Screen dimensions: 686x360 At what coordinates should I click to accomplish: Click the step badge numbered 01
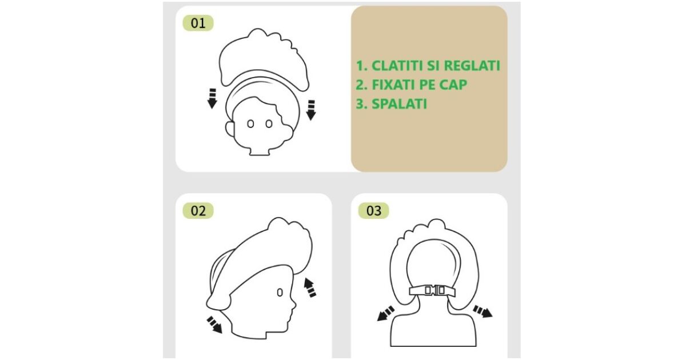tap(198, 23)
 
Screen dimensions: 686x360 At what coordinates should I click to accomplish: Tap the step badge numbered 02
tap(198, 211)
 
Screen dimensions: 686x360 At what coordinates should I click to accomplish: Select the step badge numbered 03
tap(374, 211)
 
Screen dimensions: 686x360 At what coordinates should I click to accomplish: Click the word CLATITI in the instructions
tap(397, 66)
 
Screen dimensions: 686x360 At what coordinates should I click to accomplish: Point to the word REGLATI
tap(472, 66)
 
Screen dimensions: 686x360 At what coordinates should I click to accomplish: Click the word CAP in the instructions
tap(453, 85)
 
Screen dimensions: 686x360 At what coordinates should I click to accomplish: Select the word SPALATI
tap(400, 104)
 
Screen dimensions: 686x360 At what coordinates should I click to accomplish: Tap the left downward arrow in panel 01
tap(212, 98)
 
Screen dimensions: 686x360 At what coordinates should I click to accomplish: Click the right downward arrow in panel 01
tap(311, 110)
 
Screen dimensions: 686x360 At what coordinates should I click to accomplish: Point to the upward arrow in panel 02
tap(310, 287)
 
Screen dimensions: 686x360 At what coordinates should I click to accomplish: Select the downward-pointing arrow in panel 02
tap(214, 325)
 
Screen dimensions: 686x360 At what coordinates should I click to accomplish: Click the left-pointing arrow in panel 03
tap(385, 314)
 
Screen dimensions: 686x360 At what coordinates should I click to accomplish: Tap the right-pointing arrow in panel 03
tap(483, 311)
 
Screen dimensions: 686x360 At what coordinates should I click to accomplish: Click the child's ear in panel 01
tap(230, 129)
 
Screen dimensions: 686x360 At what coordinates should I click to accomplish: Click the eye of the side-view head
tap(280, 293)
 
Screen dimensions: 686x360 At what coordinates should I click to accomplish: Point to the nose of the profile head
tap(294, 305)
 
